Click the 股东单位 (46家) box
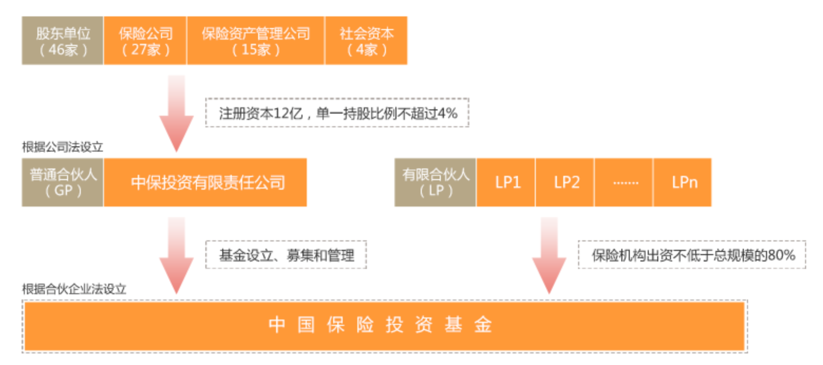(x=62, y=41)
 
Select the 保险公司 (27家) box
(x=145, y=41)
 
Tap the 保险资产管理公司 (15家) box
(x=256, y=41)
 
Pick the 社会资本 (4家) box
(x=366, y=41)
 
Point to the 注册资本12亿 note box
(x=337, y=113)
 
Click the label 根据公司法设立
(x=62, y=147)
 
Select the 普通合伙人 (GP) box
(x=62, y=182)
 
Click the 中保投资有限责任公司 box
(x=205, y=182)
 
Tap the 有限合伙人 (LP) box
(x=435, y=182)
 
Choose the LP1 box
(x=506, y=182)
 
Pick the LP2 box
(x=565, y=182)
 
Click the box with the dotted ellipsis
(x=624, y=182)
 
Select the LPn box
(x=683, y=182)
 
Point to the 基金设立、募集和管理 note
(x=286, y=255)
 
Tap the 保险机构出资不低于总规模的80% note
(x=692, y=255)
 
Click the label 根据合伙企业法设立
(x=74, y=289)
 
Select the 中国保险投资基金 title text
(x=380, y=325)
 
